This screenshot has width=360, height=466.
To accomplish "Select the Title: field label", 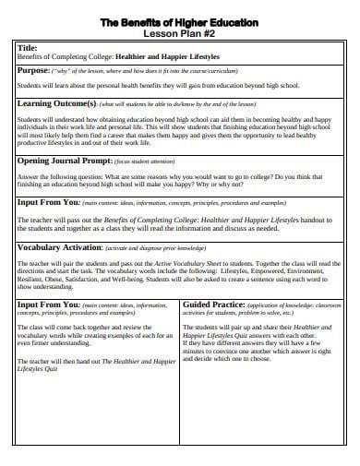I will pyautogui.click(x=29, y=48).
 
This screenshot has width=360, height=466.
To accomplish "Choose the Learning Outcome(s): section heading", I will pyautogui.click(x=55, y=104).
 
